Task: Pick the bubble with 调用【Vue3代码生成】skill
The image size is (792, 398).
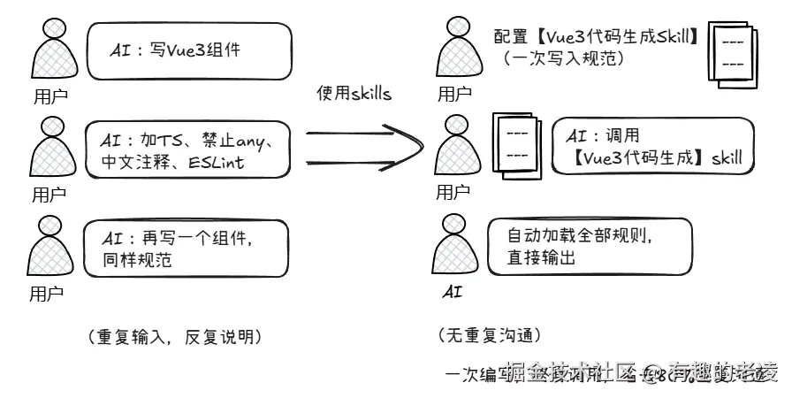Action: [x=653, y=147]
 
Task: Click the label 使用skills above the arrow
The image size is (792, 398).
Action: [x=354, y=94]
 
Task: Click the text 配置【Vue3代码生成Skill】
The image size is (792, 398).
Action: [x=598, y=37]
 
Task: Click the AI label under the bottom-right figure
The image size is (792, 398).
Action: [x=452, y=291]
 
